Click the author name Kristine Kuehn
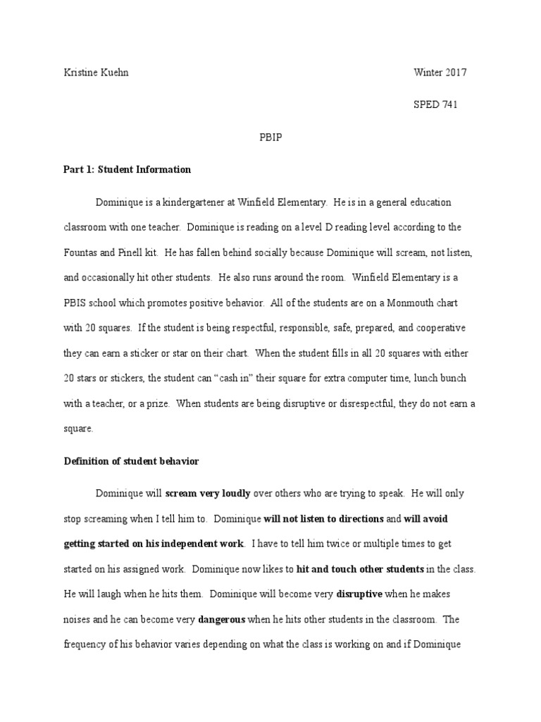coord(96,73)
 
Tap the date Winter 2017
coord(439,73)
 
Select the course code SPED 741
coord(435,104)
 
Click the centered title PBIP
coord(270,137)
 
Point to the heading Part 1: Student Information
coord(128,170)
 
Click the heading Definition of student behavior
coord(132,461)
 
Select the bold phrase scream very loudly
coord(208,494)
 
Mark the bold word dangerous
coord(223,619)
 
